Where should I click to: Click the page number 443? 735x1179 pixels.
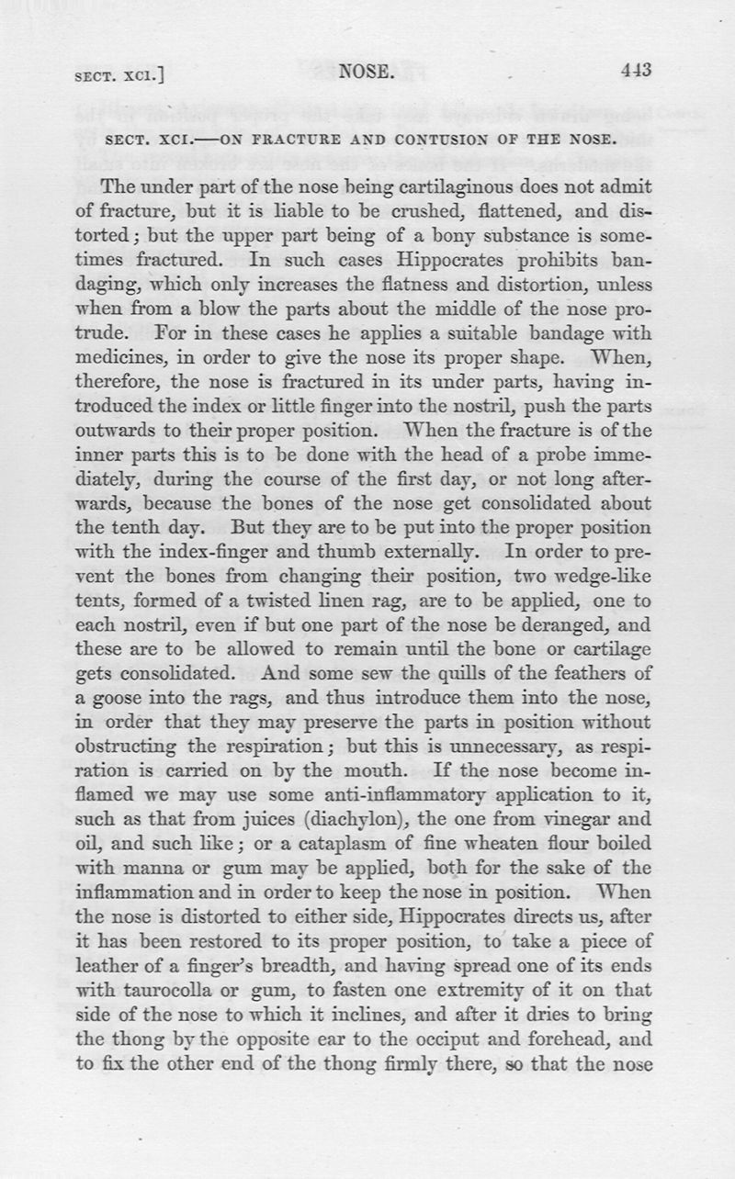coord(635,71)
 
